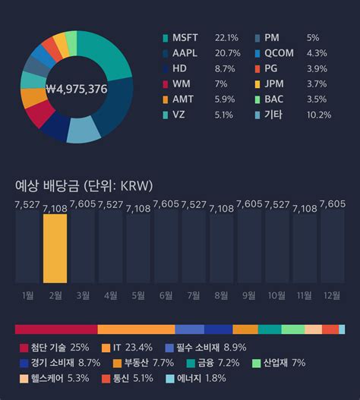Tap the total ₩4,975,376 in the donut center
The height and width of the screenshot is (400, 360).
pos(77,89)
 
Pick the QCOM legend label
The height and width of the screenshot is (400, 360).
pos(282,52)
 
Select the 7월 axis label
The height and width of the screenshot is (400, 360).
pos(194,294)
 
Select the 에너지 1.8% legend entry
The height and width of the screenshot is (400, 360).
pos(194,378)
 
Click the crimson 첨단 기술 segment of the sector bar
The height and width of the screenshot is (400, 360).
pos(56,329)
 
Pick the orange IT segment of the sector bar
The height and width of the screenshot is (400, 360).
pos(136,329)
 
